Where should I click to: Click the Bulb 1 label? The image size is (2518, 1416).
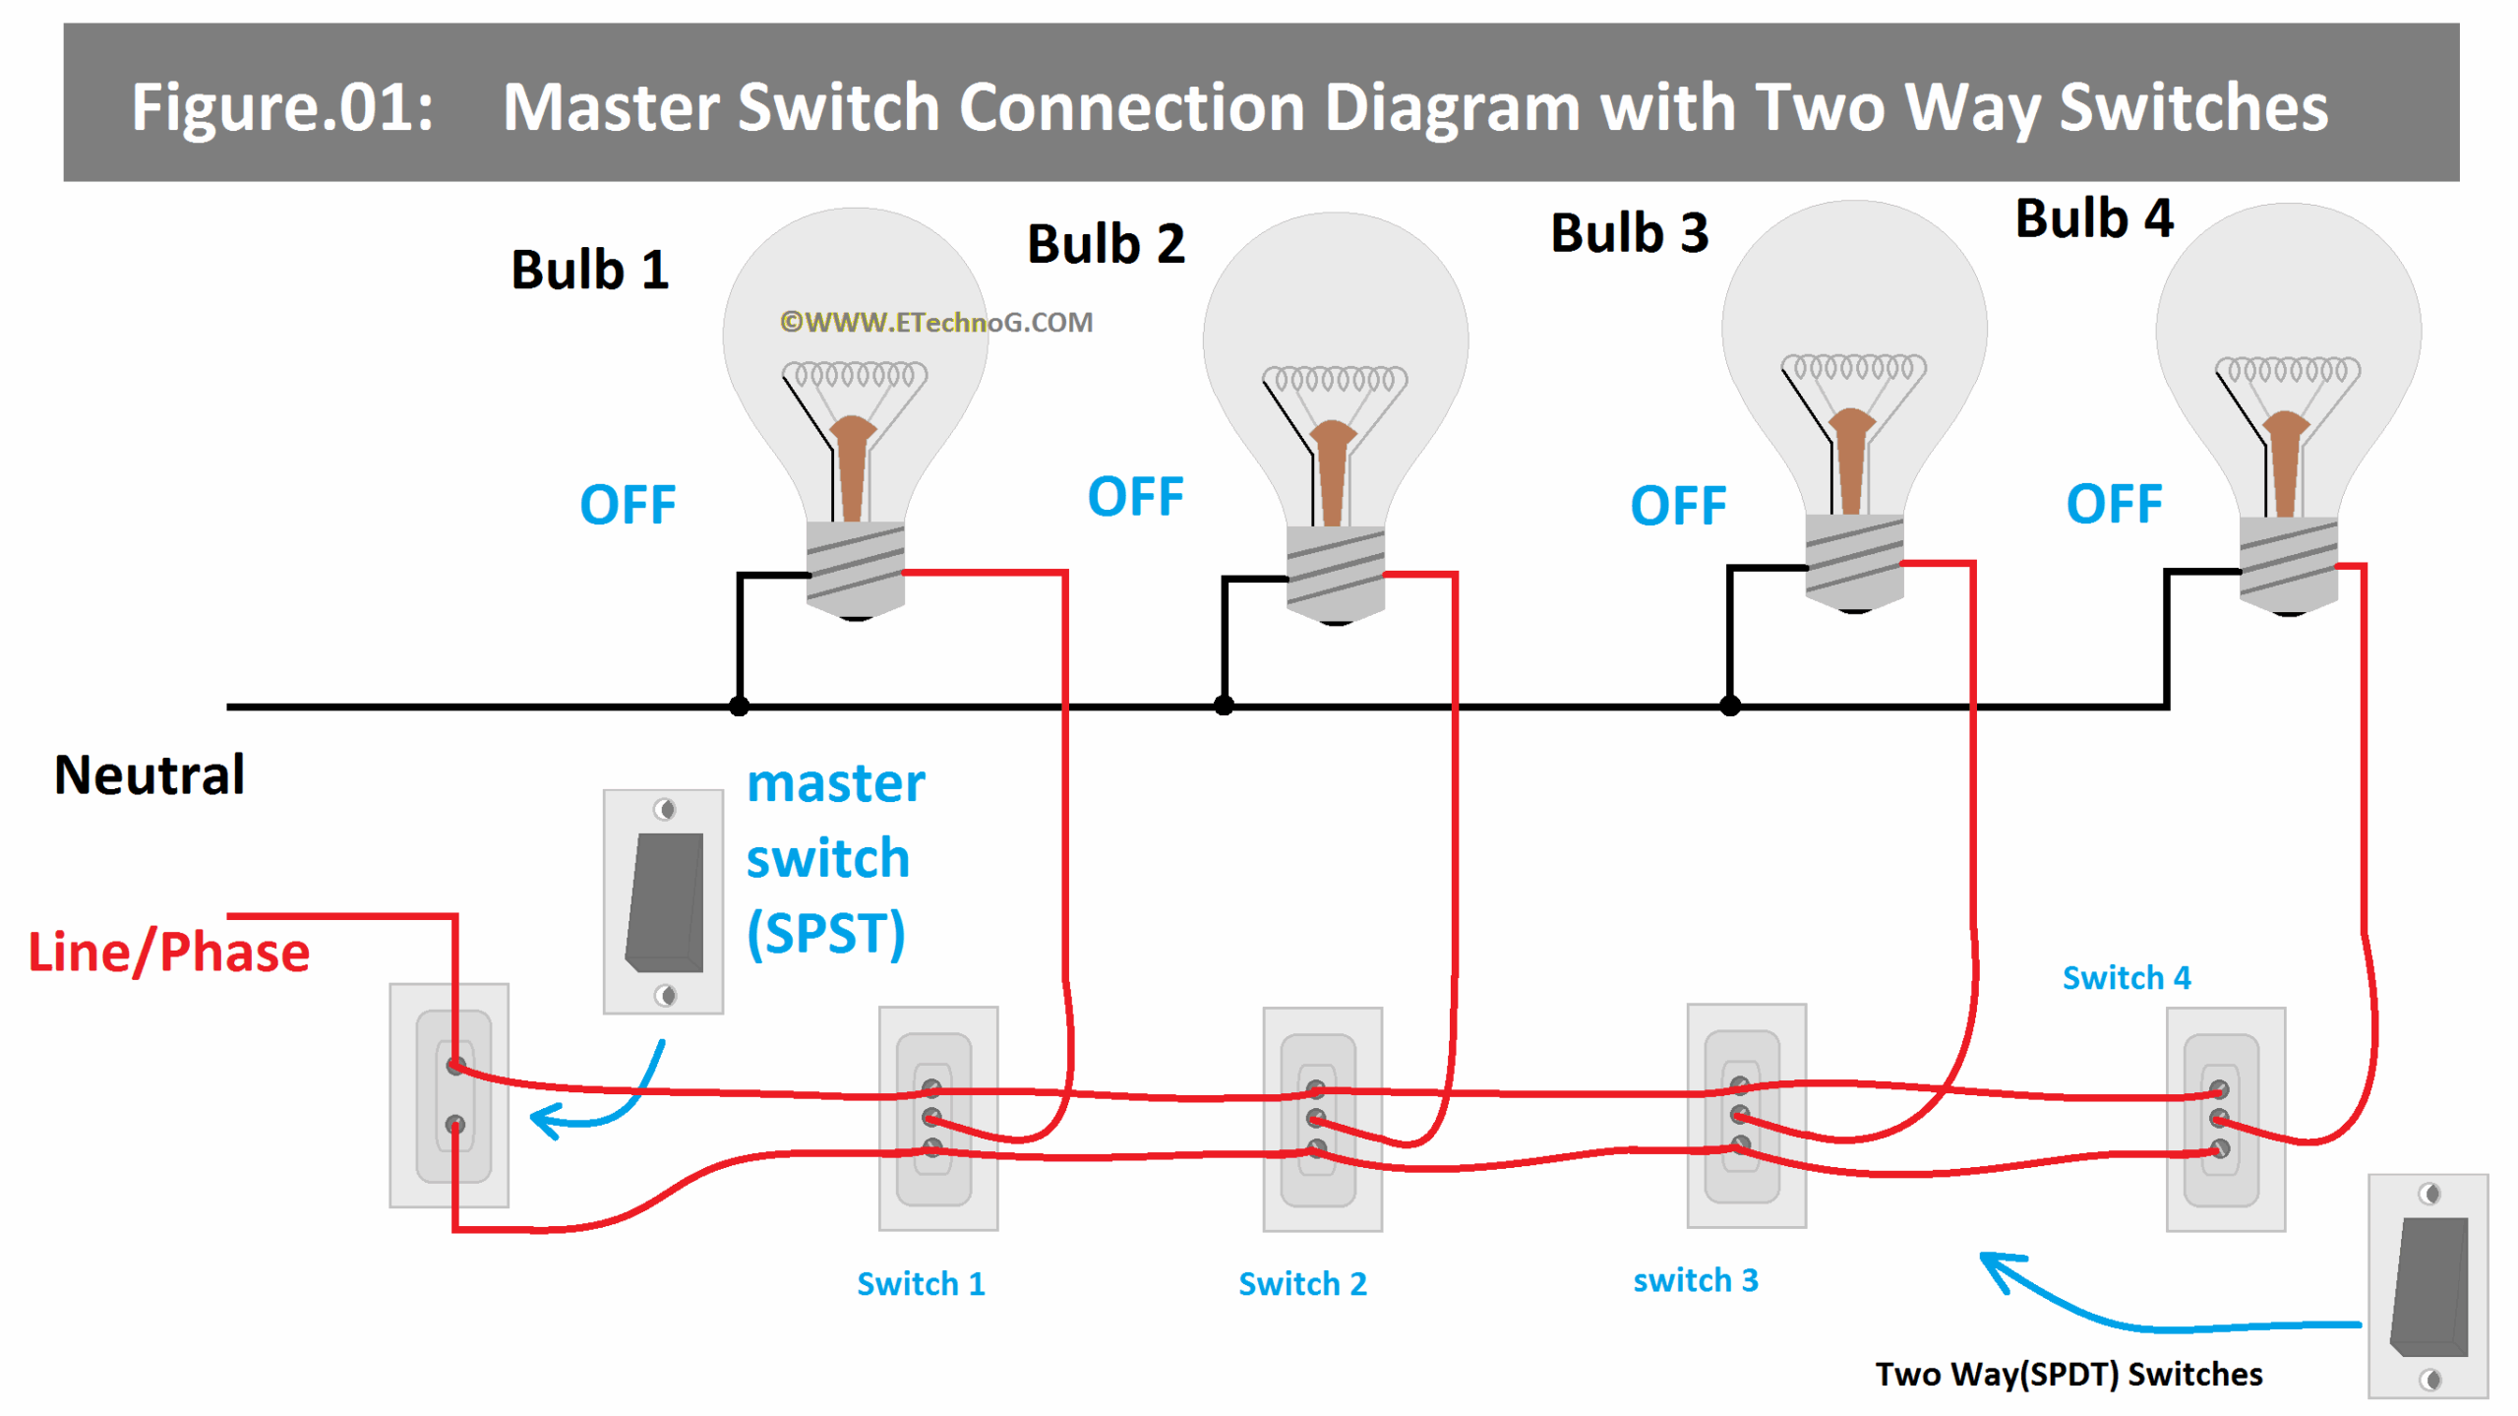589,270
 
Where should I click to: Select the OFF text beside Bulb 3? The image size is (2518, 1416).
1677,506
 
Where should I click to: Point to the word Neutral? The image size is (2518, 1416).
150,774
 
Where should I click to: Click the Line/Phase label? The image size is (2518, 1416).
168,952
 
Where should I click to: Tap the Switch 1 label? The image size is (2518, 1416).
920,1283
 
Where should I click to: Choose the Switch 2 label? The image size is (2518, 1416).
1301,1283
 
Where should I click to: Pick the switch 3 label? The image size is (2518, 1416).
1694,1279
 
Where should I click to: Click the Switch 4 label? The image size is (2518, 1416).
2126,977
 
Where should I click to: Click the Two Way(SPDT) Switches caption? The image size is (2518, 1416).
2068,1373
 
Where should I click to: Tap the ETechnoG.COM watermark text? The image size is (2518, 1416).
935,322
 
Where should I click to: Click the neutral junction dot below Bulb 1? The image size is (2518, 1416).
739,706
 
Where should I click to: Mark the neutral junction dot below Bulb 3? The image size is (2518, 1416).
1729,706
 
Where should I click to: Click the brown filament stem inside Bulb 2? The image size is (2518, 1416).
1333,472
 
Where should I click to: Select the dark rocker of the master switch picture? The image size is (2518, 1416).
665,901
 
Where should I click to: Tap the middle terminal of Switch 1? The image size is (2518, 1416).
930,1117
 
